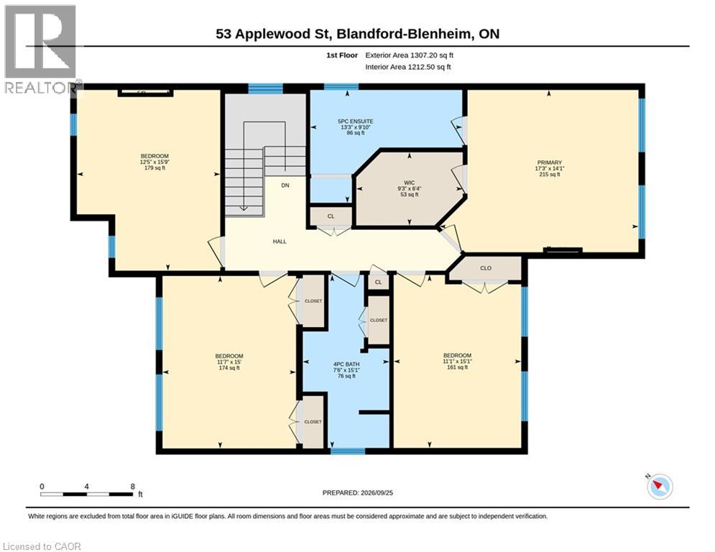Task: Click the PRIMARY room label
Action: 550,162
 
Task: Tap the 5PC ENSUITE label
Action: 355,121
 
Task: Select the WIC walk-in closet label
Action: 409,183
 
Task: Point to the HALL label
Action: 280,241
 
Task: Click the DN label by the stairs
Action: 285,185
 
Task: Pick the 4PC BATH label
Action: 346,364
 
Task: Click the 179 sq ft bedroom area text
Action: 154,168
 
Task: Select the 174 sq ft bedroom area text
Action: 229,368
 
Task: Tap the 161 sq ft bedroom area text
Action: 457,367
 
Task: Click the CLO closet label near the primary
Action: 486,268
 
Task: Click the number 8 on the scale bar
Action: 133,487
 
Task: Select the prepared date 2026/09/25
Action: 377,492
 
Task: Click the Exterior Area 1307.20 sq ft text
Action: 409,55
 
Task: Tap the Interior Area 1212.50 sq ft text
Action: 407,67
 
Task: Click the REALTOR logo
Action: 41,50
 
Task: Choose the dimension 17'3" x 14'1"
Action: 550,168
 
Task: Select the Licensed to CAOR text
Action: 42,546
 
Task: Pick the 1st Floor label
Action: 342,55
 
